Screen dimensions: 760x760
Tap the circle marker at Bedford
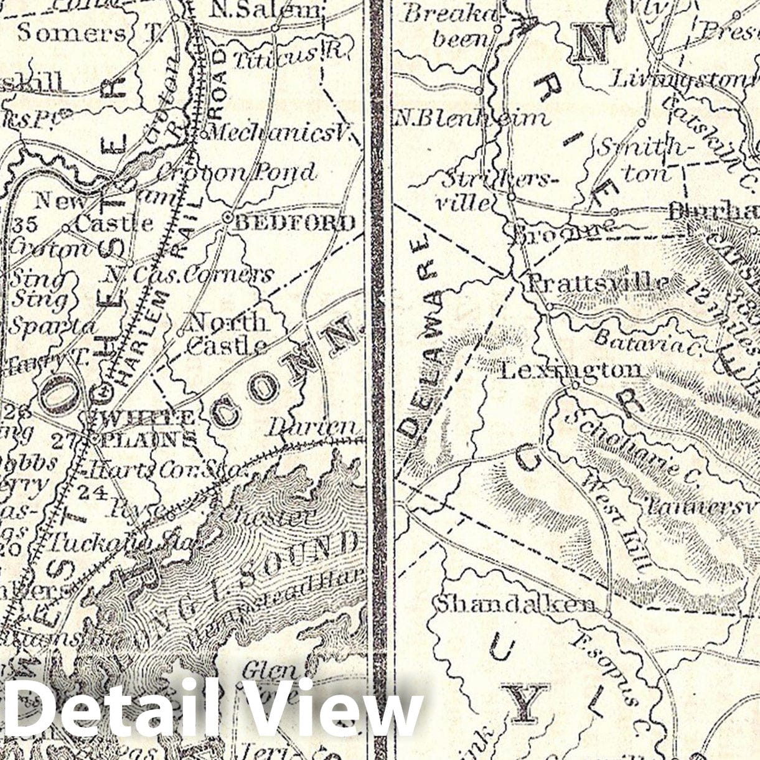click(x=227, y=217)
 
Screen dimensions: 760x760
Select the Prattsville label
click(x=598, y=283)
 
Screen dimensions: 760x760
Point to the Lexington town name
click(x=571, y=370)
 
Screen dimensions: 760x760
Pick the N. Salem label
click(x=266, y=9)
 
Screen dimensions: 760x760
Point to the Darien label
click(x=314, y=428)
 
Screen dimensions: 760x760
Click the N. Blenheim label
click(x=471, y=117)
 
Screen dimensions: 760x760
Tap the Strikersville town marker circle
click(x=510, y=197)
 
